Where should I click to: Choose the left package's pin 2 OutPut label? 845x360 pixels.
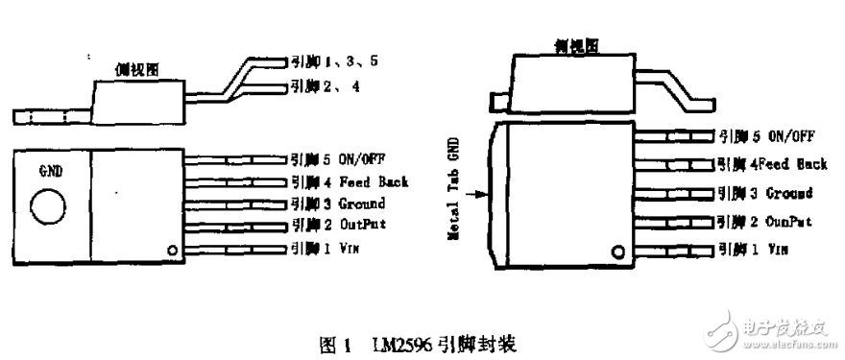[x=339, y=227]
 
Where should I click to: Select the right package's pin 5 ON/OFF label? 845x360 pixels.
[x=764, y=137]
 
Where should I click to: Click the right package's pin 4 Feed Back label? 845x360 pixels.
[x=771, y=164]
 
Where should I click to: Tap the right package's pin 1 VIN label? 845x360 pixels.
[x=752, y=250]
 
